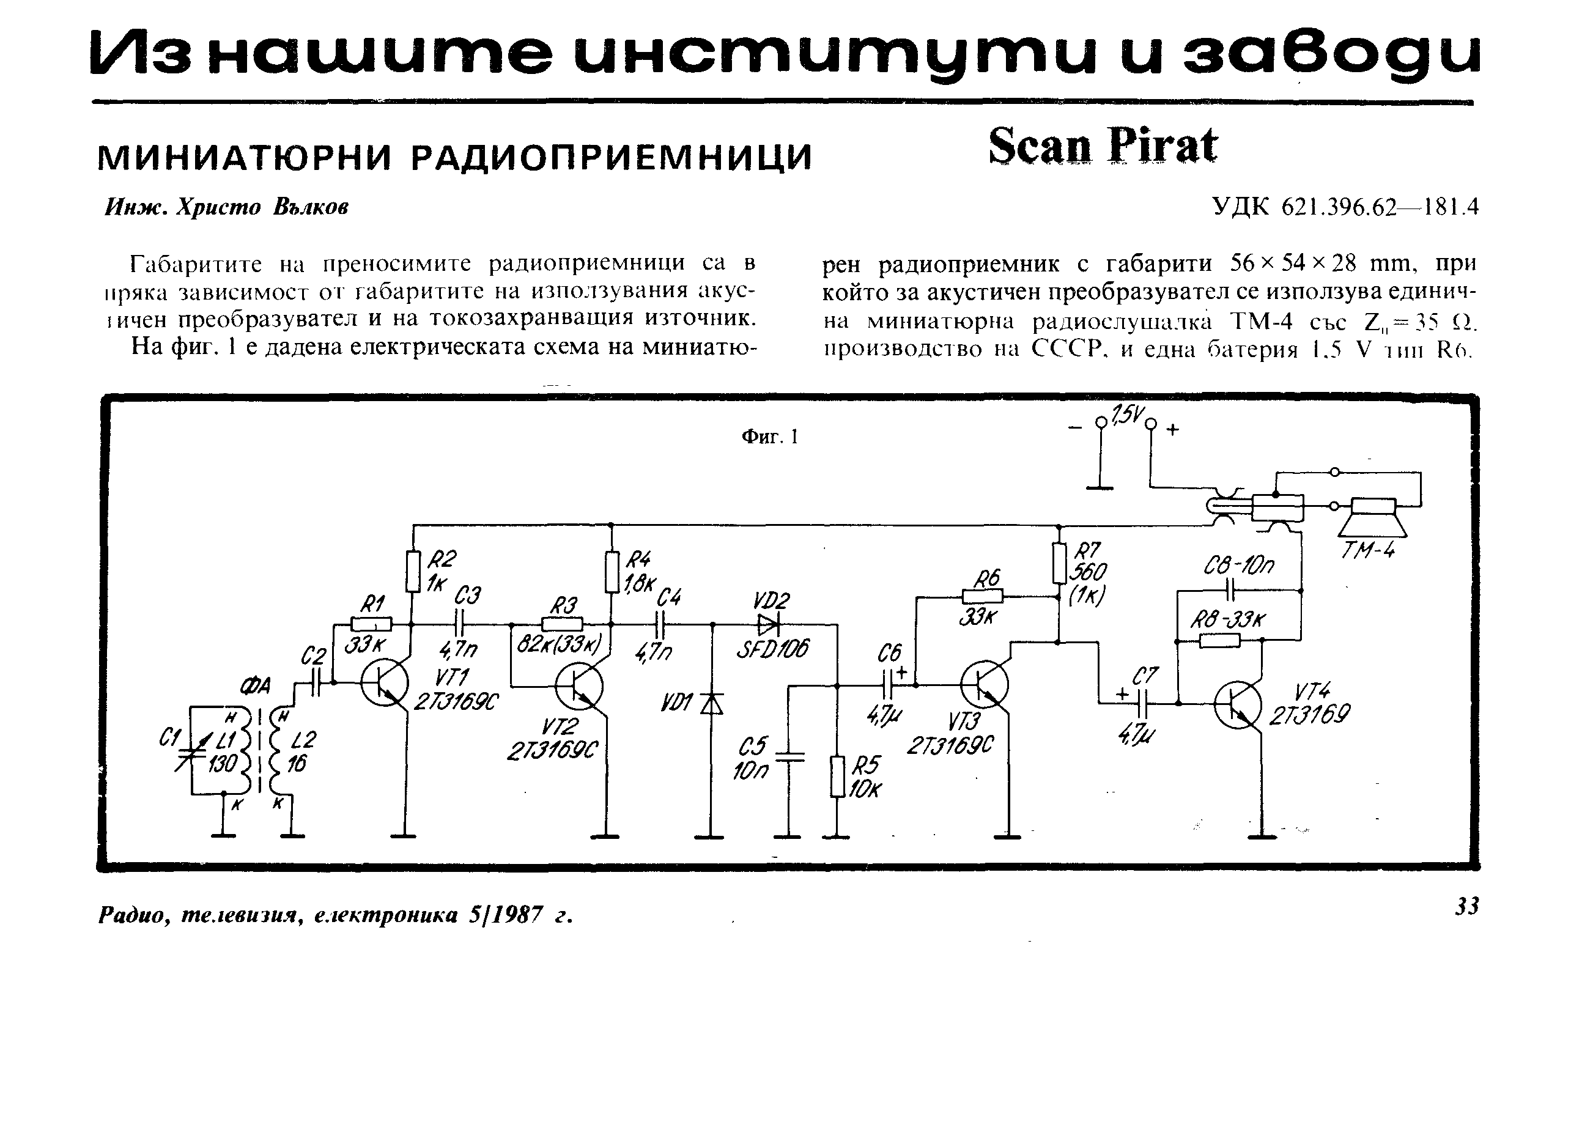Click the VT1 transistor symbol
tap(384, 682)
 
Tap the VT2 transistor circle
tap(580, 686)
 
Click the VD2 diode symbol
tap(767, 624)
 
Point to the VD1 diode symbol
tap(712, 703)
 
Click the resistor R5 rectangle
tap(837, 777)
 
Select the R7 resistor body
tap(1059, 564)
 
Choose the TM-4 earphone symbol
tap(1372, 517)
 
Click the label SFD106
tap(772, 649)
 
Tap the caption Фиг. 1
tap(770, 437)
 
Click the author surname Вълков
tap(311, 207)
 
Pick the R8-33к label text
tap(1228, 619)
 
